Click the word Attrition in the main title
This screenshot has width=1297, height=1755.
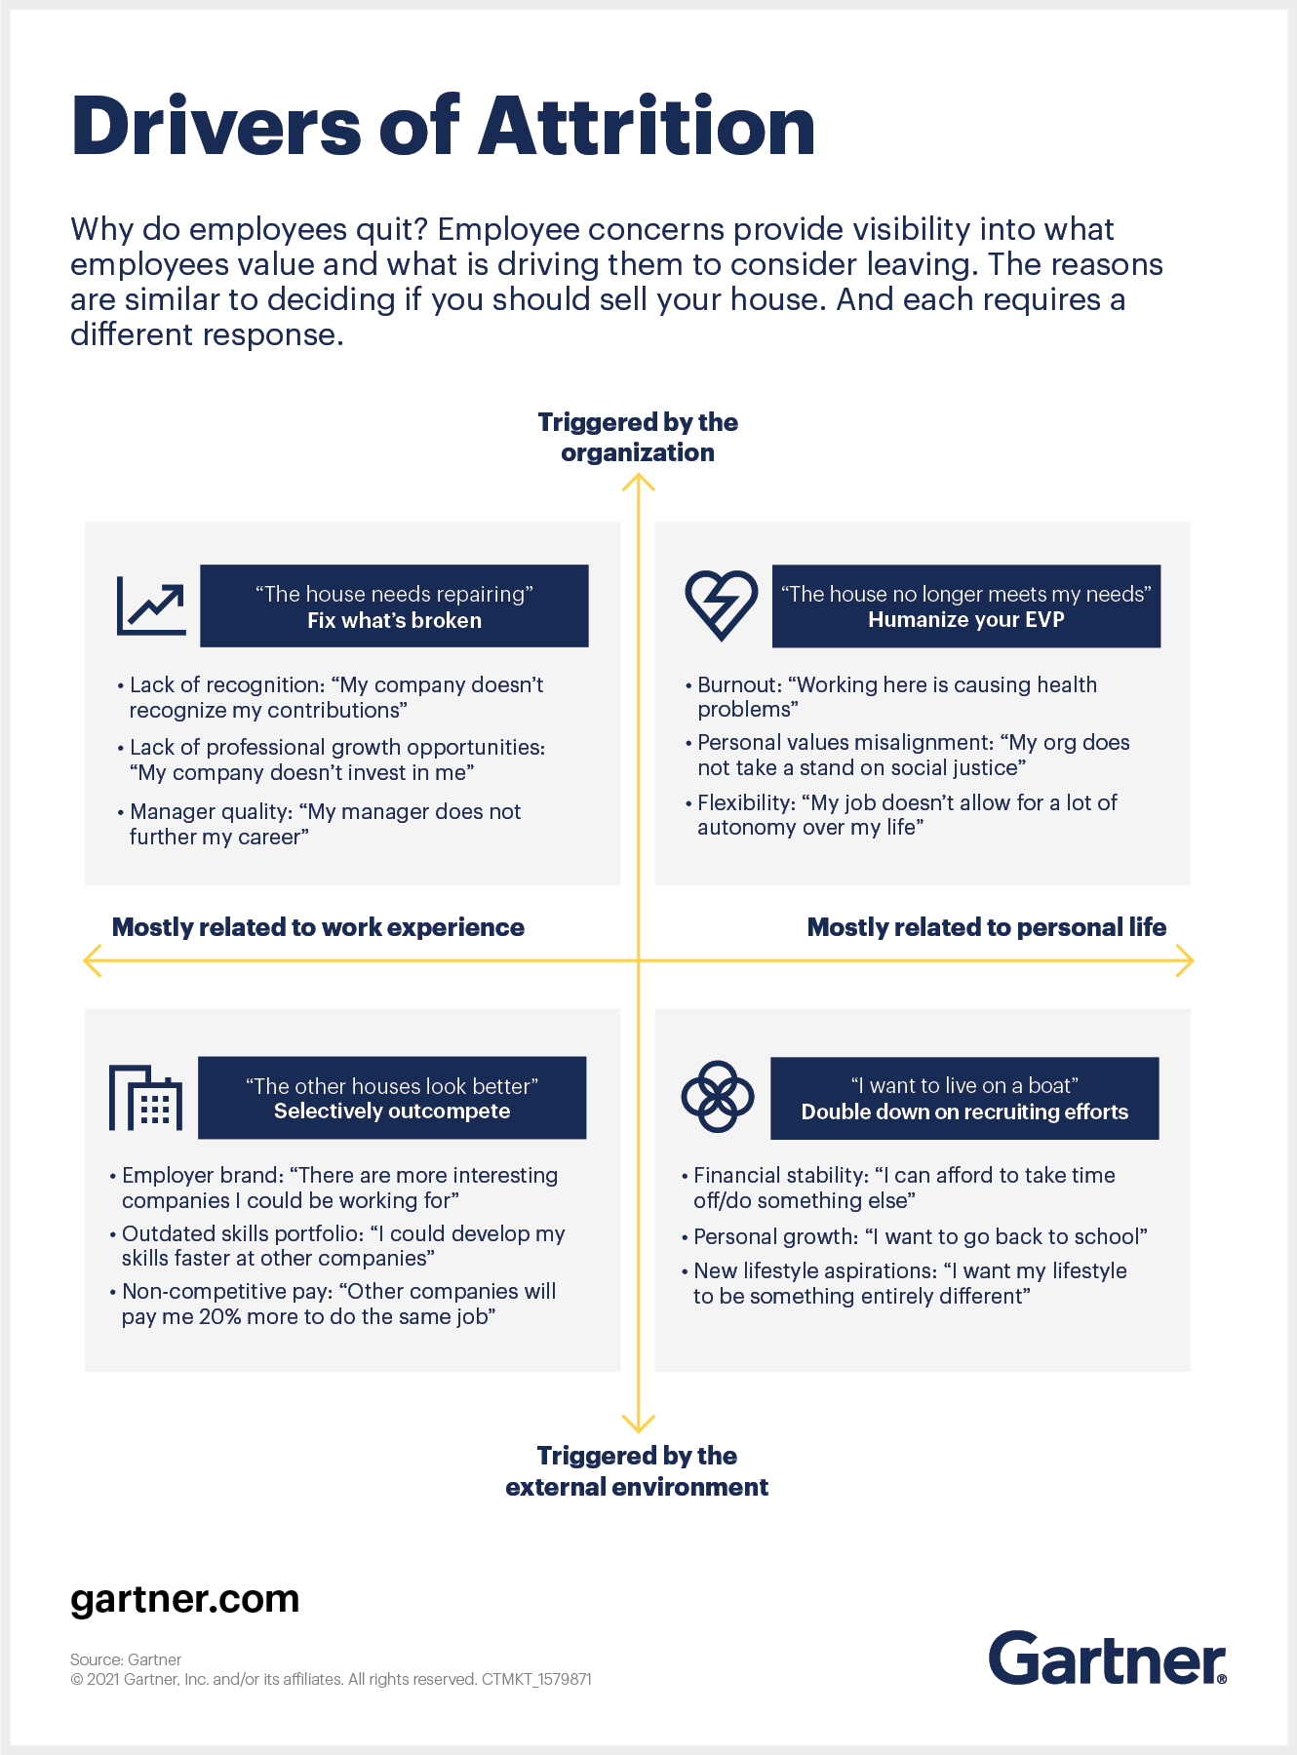(647, 127)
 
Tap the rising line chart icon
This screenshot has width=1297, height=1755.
(151, 605)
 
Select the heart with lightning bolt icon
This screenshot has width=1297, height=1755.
(722, 605)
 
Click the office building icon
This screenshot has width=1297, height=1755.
(146, 1098)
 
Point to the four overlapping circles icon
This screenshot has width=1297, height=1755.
(718, 1097)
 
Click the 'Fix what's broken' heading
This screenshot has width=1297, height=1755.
(394, 620)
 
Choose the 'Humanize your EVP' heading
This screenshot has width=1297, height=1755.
(966, 619)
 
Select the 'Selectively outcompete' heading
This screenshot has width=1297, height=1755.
(392, 1111)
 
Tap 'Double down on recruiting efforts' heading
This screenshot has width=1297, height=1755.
(964, 1111)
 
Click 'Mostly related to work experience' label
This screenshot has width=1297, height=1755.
(318, 927)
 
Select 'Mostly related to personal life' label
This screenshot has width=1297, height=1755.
(987, 927)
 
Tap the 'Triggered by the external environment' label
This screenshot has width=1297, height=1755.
(637, 1471)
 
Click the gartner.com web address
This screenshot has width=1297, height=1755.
(184, 1599)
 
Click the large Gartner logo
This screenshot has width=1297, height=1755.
(1108, 1657)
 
